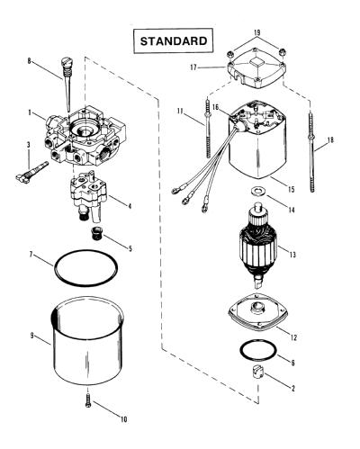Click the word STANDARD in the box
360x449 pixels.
tap(174, 41)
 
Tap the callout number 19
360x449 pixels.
tap(256, 32)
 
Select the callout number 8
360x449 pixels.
tap(29, 61)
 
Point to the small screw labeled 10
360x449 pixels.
tap(88, 400)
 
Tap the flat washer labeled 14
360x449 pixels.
tap(256, 190)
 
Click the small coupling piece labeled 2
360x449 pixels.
tap(256, 372)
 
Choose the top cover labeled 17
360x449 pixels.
tap(256, 71)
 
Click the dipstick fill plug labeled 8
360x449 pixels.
tap(66, 84)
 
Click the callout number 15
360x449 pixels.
tap(291, 189)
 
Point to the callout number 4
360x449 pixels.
tap(130, 206)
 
